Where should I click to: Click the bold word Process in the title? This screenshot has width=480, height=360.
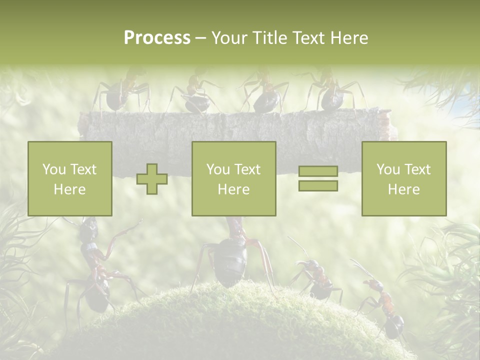point(157,38)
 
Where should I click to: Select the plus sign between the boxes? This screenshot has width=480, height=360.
point(152,179)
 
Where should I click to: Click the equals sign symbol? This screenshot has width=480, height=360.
point(318,178)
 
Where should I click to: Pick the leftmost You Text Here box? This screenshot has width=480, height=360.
point(70,179)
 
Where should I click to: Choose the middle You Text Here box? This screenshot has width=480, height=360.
point(234,179)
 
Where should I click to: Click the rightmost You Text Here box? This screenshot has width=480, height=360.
point(404,179)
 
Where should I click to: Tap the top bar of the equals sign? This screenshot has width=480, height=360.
point(318,171)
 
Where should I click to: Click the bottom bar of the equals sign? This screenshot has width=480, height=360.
point(318,185)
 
